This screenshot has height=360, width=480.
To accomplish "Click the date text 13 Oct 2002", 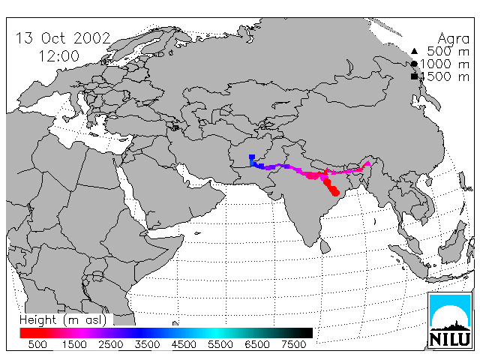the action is coord(63,38).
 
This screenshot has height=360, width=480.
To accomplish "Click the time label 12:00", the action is coord(58,56).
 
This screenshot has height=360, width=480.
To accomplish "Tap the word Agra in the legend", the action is coord(453,39).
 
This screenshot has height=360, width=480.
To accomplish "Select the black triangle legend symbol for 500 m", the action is coord(414,51).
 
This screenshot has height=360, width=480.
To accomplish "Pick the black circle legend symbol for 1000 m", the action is coord(414,64).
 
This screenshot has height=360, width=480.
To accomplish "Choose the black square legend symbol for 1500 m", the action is coord(414,76).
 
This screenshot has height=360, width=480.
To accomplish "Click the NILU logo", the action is coord(450,321).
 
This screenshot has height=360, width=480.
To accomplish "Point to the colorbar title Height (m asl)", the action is coord(63,320).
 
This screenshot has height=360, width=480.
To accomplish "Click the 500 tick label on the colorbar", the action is coord(37,345).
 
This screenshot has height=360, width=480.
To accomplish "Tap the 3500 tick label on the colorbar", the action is coord(147,345).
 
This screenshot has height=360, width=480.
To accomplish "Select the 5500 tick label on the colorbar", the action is coord(220,345).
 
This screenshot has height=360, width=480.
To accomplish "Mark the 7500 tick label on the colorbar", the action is coord(293,345).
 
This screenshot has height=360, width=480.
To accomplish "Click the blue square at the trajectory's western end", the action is coord(252,157).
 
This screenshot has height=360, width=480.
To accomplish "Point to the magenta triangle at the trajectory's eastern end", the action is coord(368,163).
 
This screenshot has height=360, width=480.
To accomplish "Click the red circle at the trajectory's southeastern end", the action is coord(336,193).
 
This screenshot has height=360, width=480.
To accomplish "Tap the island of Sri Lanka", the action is coord(325,247).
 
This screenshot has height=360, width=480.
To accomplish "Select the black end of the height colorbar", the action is coord(307,333).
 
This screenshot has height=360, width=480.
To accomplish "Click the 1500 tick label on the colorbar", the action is coord(74,345).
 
